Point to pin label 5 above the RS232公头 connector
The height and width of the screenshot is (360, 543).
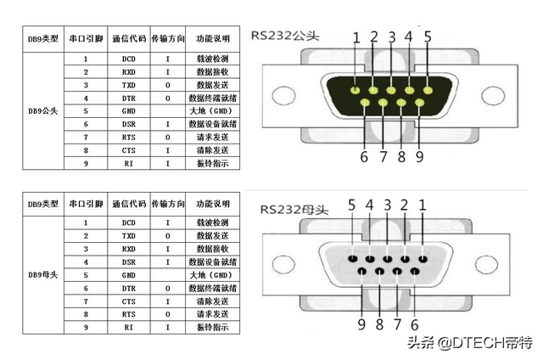pyautogui.click(x=428, y=37)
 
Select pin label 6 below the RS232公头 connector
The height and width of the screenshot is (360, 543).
pyautogui.click(x=363, y=156)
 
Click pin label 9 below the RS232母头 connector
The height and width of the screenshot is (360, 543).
pyautogui.click(x=361, y=324)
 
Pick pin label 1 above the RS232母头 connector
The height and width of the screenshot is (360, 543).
pyautogui.click(x=423, y=205)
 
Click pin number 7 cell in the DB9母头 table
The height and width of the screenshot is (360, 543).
pyautogui.click(x=86, y=301)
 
